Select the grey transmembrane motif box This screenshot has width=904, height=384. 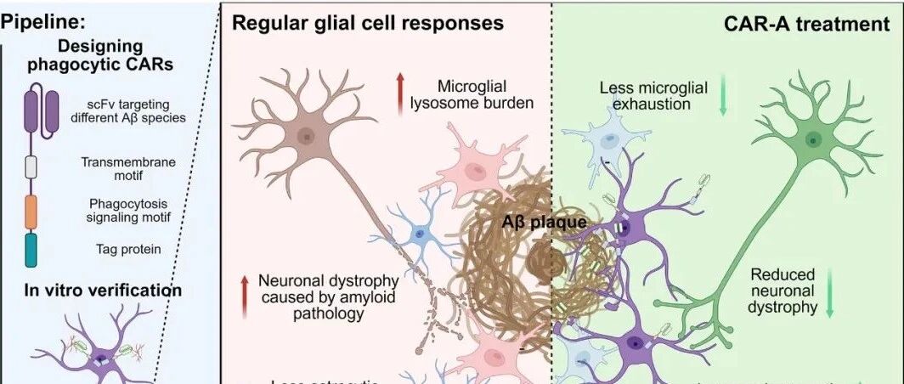[x=31, y=166]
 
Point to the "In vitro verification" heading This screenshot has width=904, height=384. [x=92, y=291]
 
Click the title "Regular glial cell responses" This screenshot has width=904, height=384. [x=370, y=22]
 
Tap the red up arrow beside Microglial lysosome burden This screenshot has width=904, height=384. [x=399, y=93]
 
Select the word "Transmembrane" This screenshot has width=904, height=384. [x=123, y=160]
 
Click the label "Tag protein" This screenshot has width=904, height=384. [x=123, y=249]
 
